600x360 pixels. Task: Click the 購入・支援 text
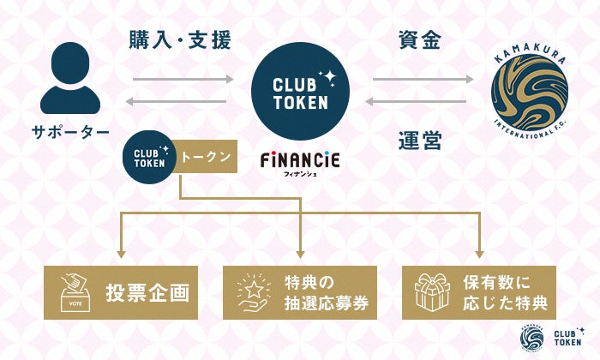[x=180, y=39]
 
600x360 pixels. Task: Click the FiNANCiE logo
[x=300, y=160]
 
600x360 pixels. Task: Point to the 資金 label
[x=420, y=39]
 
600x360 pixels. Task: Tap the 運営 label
[x=420, y=139]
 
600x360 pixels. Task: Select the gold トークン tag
[x=206, y=158]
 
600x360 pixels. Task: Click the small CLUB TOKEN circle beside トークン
[x=150, y=158]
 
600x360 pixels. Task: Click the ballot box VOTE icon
[x=75, y=292]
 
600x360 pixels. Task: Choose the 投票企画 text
[x=147, y=292]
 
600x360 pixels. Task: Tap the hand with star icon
[x=253, y=292]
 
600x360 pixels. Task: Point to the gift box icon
[x=432, y=292]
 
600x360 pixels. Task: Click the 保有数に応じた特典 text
[x=509, y=292]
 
